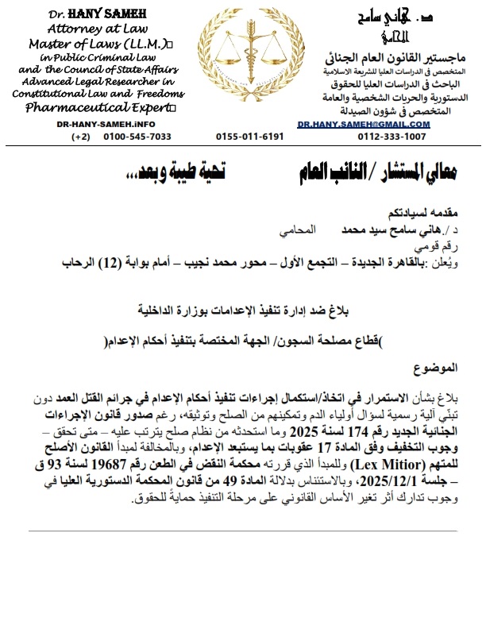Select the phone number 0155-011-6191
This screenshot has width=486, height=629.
pyautogui.click(x=249, y=137)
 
